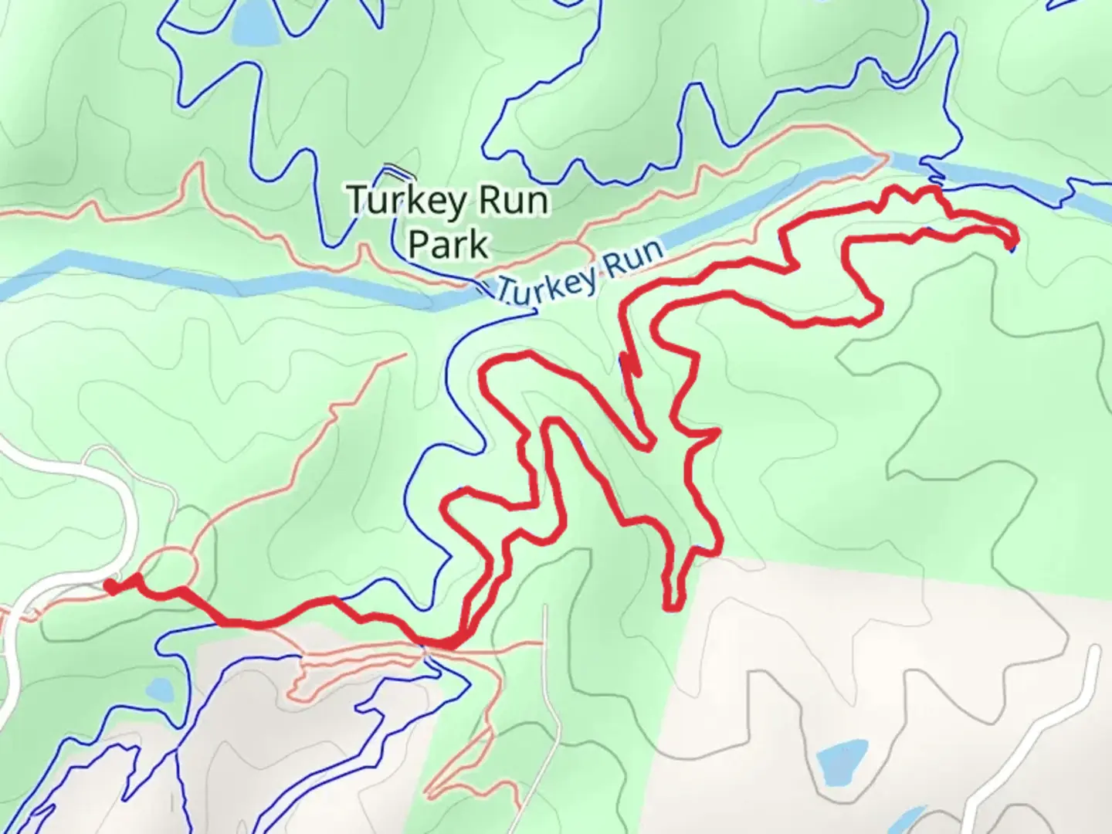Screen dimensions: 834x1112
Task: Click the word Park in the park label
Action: click(448, 243)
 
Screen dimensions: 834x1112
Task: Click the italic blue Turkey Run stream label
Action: click(579, 274)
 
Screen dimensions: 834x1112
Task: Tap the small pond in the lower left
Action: click(159, 688)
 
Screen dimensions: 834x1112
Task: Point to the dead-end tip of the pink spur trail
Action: click(404, 355)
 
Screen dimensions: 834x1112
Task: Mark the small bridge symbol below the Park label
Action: click(483, 289)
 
